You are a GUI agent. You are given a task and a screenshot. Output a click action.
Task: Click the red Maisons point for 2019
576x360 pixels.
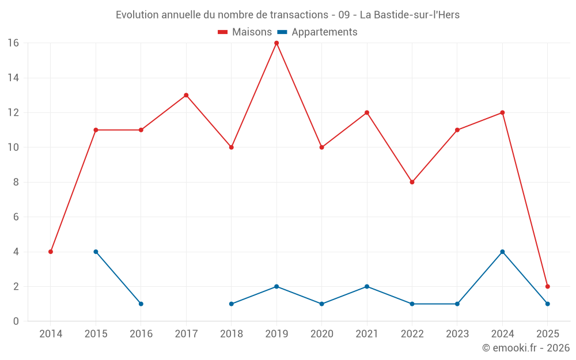click(276, 43)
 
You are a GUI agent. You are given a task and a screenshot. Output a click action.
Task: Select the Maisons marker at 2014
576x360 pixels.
click(51, 252)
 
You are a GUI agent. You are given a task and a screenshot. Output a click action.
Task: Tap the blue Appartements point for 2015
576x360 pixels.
click(96, 252)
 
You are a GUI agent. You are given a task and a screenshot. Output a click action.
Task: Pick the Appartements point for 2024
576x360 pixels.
click(502, 252)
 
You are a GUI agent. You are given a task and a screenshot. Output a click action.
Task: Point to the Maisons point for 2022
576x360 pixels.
click(412, 182)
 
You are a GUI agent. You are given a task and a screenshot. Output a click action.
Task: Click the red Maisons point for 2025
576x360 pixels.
click(547, 286)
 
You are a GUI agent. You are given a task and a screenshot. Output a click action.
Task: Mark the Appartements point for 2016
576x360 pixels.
click(141, 304)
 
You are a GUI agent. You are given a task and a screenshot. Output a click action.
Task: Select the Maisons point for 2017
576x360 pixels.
click(186, 95)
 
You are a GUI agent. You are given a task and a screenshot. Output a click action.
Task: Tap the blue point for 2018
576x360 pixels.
click(231, 304)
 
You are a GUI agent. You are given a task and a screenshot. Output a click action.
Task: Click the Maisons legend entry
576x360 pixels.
click(245, 32)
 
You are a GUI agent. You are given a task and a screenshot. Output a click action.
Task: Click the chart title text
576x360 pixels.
click(287, 15)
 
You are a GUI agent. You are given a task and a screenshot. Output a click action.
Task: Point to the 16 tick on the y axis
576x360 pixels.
click(13, 43)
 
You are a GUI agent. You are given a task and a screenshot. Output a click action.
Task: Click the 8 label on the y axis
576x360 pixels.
click(16, 182)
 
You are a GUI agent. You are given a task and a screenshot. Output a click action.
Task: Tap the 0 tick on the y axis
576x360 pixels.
click(16, 321)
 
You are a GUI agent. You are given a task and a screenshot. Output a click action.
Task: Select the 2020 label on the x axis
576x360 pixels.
click(321, 334)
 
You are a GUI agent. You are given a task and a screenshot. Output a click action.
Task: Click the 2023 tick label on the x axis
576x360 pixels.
click(457, 334)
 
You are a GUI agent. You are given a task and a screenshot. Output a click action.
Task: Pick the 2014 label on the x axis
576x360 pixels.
click(51, 334)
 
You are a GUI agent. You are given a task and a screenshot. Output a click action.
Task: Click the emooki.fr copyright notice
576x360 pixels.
click(525, 348)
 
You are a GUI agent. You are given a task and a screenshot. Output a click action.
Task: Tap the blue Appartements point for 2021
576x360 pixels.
click(367, 286)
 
